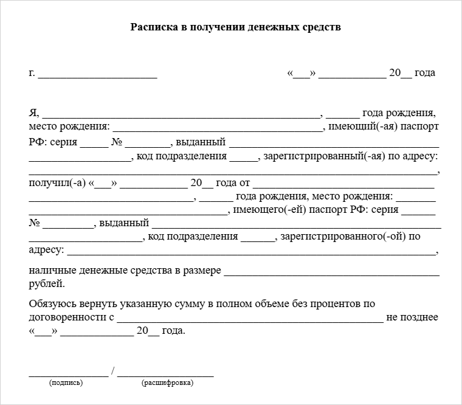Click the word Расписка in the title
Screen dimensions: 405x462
pos(152,28)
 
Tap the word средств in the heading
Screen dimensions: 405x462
pos(324,28)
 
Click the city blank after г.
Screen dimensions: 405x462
pos(98,77)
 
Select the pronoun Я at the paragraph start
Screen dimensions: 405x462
pos(33,113)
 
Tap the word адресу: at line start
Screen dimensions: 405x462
pos(46,251)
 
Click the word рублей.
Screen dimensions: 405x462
pos(45,283)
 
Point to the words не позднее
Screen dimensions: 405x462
pos(412,317)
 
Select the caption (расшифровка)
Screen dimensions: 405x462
pos(167,383)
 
